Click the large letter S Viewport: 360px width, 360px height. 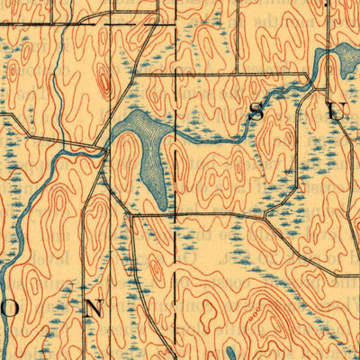tap(256, 111)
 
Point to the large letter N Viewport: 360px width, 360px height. tap(93, 308)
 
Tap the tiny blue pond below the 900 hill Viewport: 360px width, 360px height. tap(231, 353)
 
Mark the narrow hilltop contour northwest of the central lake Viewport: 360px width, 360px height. tap(103, 85)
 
